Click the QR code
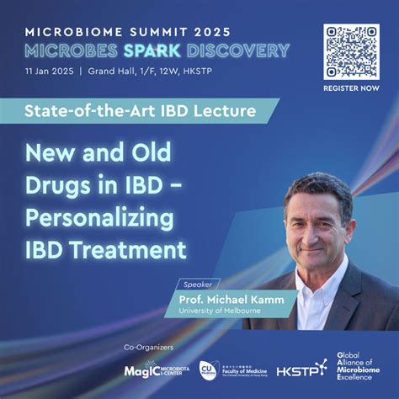coord(350,51)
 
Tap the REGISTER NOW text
coord(350,88)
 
